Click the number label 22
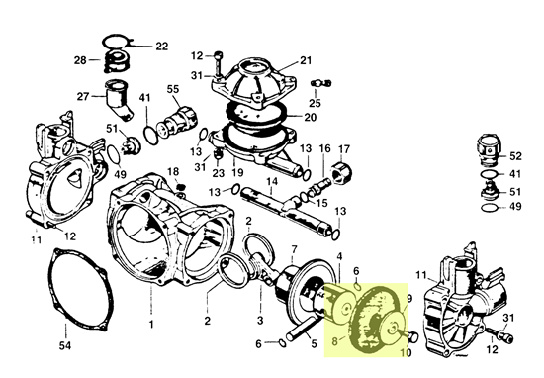(x=161, y=46)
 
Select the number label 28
(x=80, y=61)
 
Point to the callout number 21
(x=306, y=59)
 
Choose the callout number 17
(x=344, y=149)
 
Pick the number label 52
(x=514, y=155)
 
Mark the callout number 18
(x=174, y=171)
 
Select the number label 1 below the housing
(x=151, y=325)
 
